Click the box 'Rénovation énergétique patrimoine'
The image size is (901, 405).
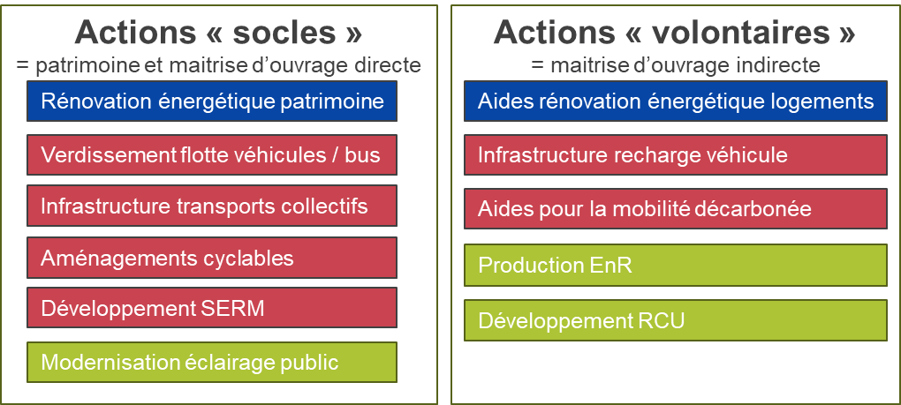pyautogui.click(x=212, y=101)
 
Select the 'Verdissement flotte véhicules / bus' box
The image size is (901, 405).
pyautogui.click(x=212, y=155)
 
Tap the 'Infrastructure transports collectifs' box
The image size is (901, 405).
pyautogui.click(x=212, y=206)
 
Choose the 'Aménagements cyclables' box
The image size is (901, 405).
pyautogui.click(x=212, y=258)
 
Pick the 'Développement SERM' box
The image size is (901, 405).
pyautogui.click(x=212, y=309)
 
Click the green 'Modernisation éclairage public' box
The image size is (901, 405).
pyautogui.click(x=212, y=363)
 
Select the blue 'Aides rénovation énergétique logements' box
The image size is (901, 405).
pyautogui.click(x=675, y=101)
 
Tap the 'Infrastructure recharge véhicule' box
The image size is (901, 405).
pyautogui.click(x=675, y=155)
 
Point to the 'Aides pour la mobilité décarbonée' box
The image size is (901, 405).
pyautogui.click(x=675, y=209)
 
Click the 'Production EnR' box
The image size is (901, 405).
pyautogui.click(x=675, y=265)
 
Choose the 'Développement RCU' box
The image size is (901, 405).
pyautogui.click(x=675, y=320)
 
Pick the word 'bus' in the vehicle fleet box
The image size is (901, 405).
pyautogui.click(x=362, y=156)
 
